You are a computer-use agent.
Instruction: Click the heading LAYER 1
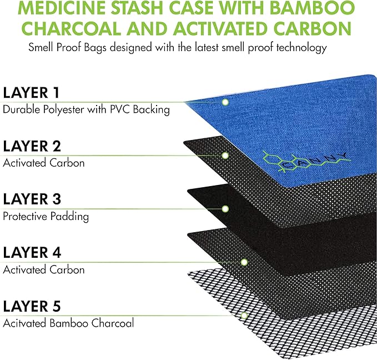click(31, 93)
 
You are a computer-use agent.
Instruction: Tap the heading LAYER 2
click(32, 146)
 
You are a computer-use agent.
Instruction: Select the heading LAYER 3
click(32, 199)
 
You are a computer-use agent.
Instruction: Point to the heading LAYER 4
click(32, 253)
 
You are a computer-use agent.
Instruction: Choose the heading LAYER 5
click(32, 306)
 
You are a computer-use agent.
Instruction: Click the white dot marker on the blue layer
click(225, 102)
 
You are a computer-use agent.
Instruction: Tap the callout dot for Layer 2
click(225, 156)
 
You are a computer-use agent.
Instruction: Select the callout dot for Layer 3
click(225, 209)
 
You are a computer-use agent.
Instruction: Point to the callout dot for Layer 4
click(244, 262)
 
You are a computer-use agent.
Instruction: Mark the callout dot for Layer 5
click(244, 316)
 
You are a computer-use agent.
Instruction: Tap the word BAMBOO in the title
click(312, 7)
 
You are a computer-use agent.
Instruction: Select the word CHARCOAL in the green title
click(72, 28)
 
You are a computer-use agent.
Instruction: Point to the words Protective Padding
click(46, 217)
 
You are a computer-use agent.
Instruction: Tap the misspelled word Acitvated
click(25, 323)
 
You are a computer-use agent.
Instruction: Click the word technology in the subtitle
click(301, 48)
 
